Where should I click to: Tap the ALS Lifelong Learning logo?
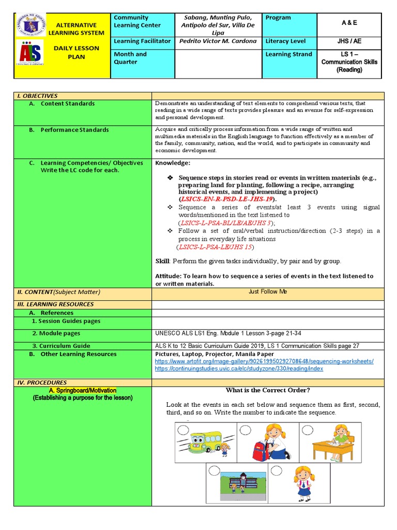click(x=30, y=53)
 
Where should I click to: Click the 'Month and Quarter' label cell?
click(x=130, y=58)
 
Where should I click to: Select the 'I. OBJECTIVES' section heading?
click(x=37, y=96)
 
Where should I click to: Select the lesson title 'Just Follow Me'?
click(x=267, y=292)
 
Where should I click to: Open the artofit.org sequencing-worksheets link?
click(x=264, y=361)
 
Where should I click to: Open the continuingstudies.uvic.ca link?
click(x=239, y=369)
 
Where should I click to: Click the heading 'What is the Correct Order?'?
click(x=267, y=390)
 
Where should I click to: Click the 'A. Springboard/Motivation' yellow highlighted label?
click(x=83, y=390)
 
